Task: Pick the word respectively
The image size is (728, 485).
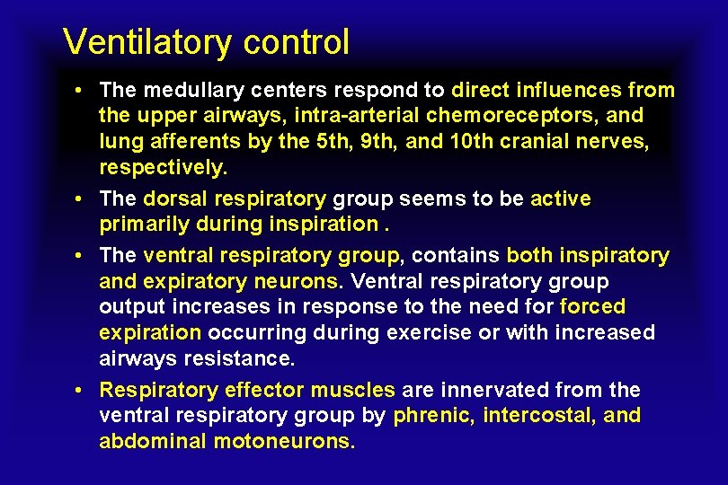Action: [x=163, y=168]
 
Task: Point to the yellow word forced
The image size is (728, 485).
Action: [x=592, y=307]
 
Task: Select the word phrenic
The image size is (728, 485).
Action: [x=433, y=416]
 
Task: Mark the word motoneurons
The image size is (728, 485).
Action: [x=284, y=442]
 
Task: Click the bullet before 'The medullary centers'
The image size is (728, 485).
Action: [x=81, y=91]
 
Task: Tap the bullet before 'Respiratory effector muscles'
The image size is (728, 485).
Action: [x=81, y=391]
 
